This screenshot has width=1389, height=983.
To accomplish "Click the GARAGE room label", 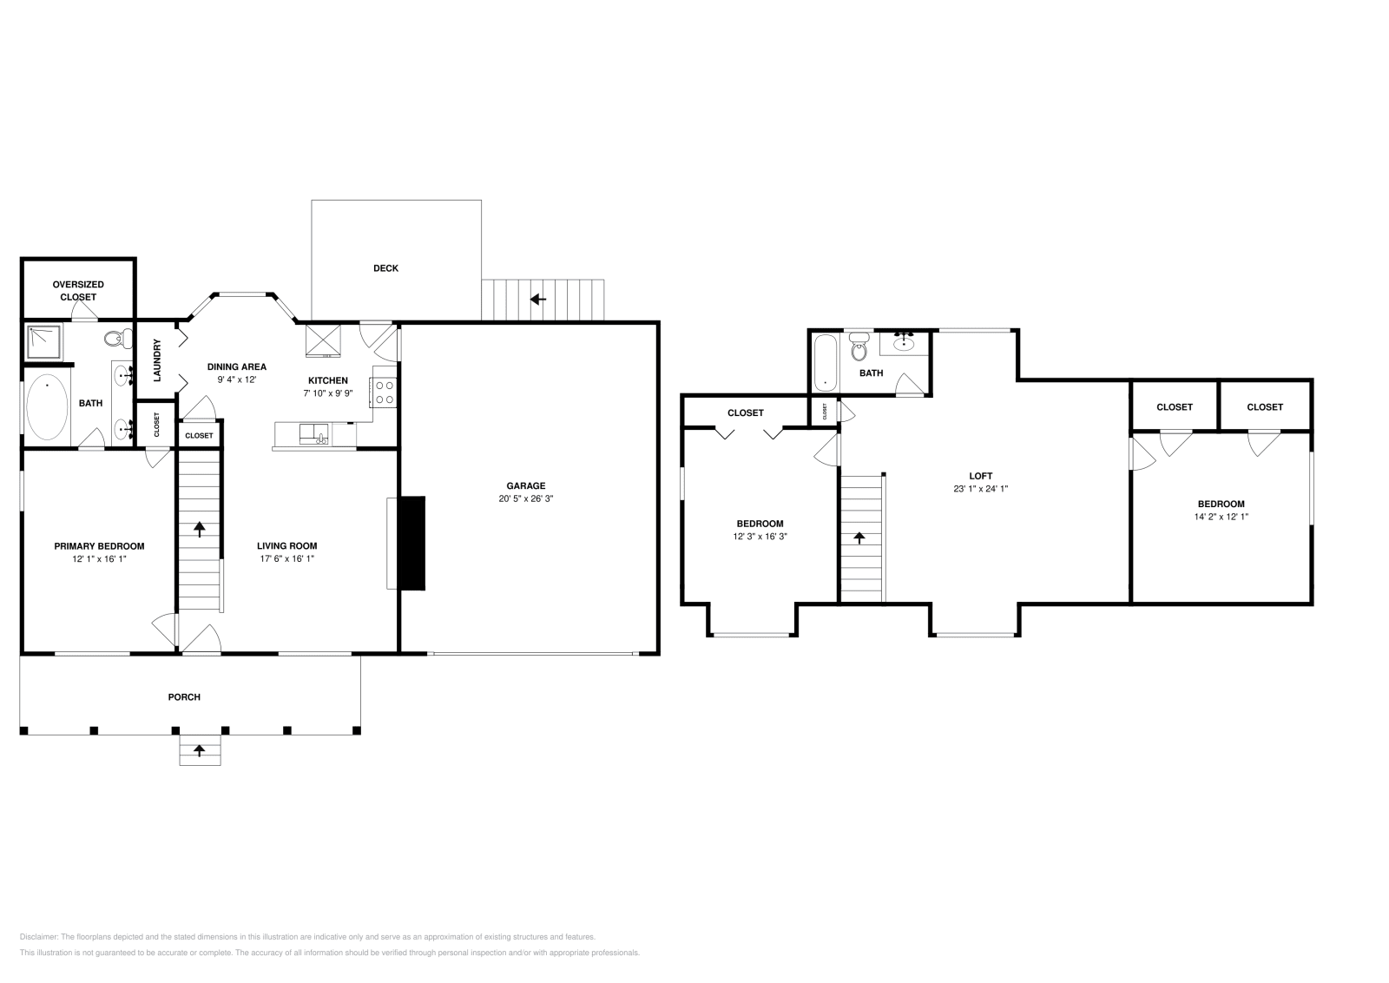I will tap(526, 485).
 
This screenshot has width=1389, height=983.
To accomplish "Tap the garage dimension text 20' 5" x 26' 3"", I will tap(526, 498).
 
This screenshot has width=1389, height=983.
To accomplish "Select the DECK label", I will tap(385, 268).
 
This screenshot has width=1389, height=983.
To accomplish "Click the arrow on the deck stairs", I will tap(538, 299).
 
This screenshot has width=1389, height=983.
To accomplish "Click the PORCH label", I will tap(184, 696).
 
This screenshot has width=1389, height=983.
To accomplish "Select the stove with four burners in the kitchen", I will tap(385, 393).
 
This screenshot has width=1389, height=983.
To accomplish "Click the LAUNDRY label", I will tap(158, 360).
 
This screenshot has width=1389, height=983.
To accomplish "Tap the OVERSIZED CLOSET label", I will tap(78, 290).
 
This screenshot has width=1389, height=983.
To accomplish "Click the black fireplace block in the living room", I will tap(412, 543).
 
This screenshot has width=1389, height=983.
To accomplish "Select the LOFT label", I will tap(980, 476).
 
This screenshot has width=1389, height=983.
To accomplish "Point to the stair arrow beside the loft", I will tap(859, 538).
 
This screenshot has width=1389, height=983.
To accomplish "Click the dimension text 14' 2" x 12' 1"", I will tap(1221, 517).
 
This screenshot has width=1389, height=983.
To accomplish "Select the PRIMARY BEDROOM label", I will tap(99, 546).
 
